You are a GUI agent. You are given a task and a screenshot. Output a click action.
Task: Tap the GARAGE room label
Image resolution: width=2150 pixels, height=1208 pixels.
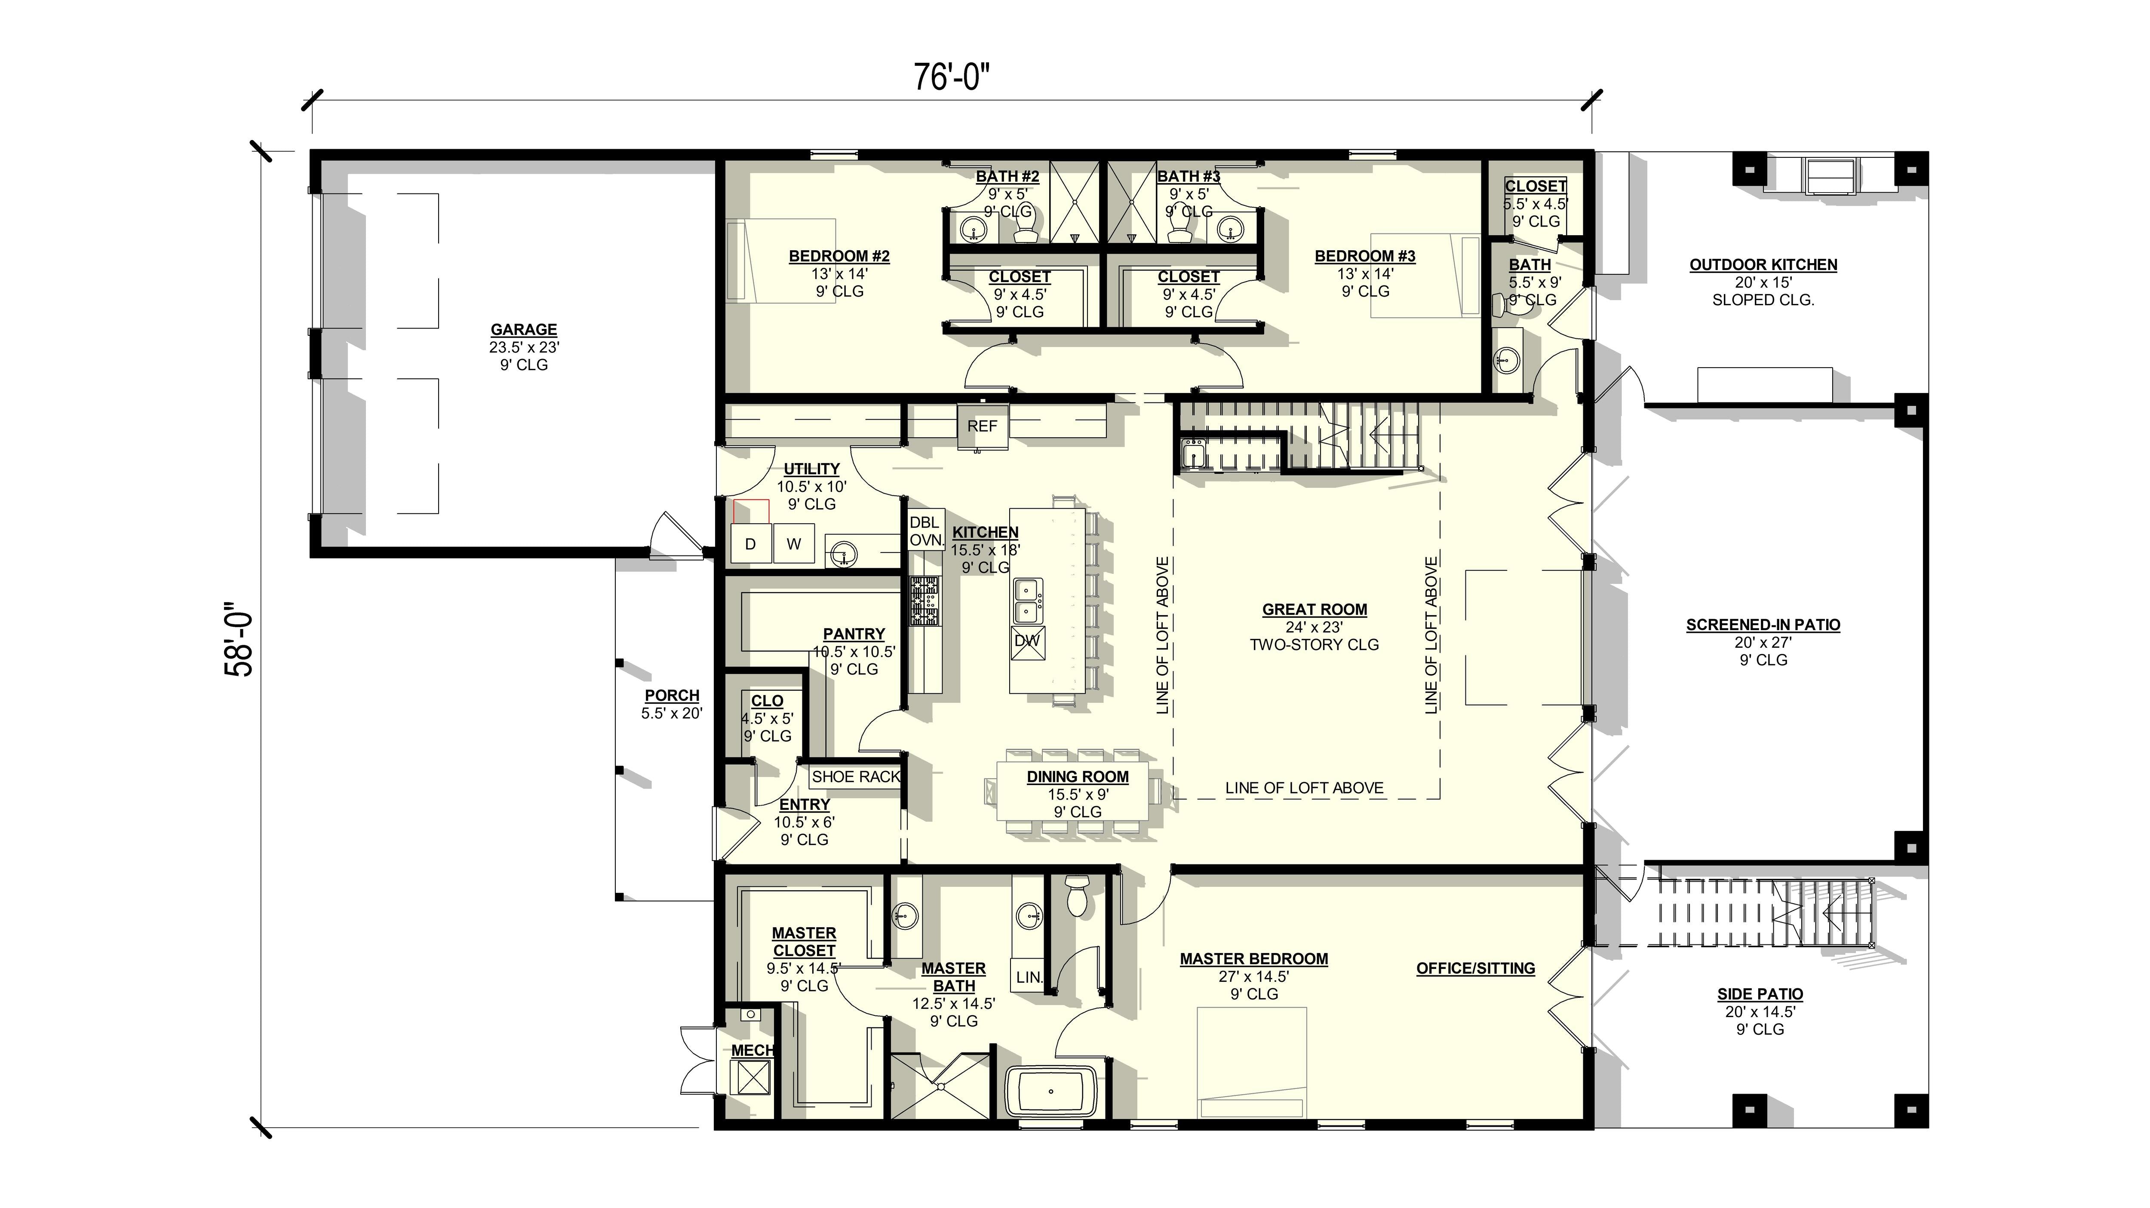(x=523, y=330)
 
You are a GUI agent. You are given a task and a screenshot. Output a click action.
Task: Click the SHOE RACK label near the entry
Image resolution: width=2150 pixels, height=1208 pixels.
(x=856, y=777)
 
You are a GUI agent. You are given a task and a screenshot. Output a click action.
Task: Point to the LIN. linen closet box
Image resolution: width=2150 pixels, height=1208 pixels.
(x=1029, y=977)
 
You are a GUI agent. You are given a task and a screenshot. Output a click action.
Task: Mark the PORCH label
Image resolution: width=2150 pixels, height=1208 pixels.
(x=672, y=696)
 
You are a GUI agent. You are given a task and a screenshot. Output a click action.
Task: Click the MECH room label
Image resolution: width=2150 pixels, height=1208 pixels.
(x=752, y=1050)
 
